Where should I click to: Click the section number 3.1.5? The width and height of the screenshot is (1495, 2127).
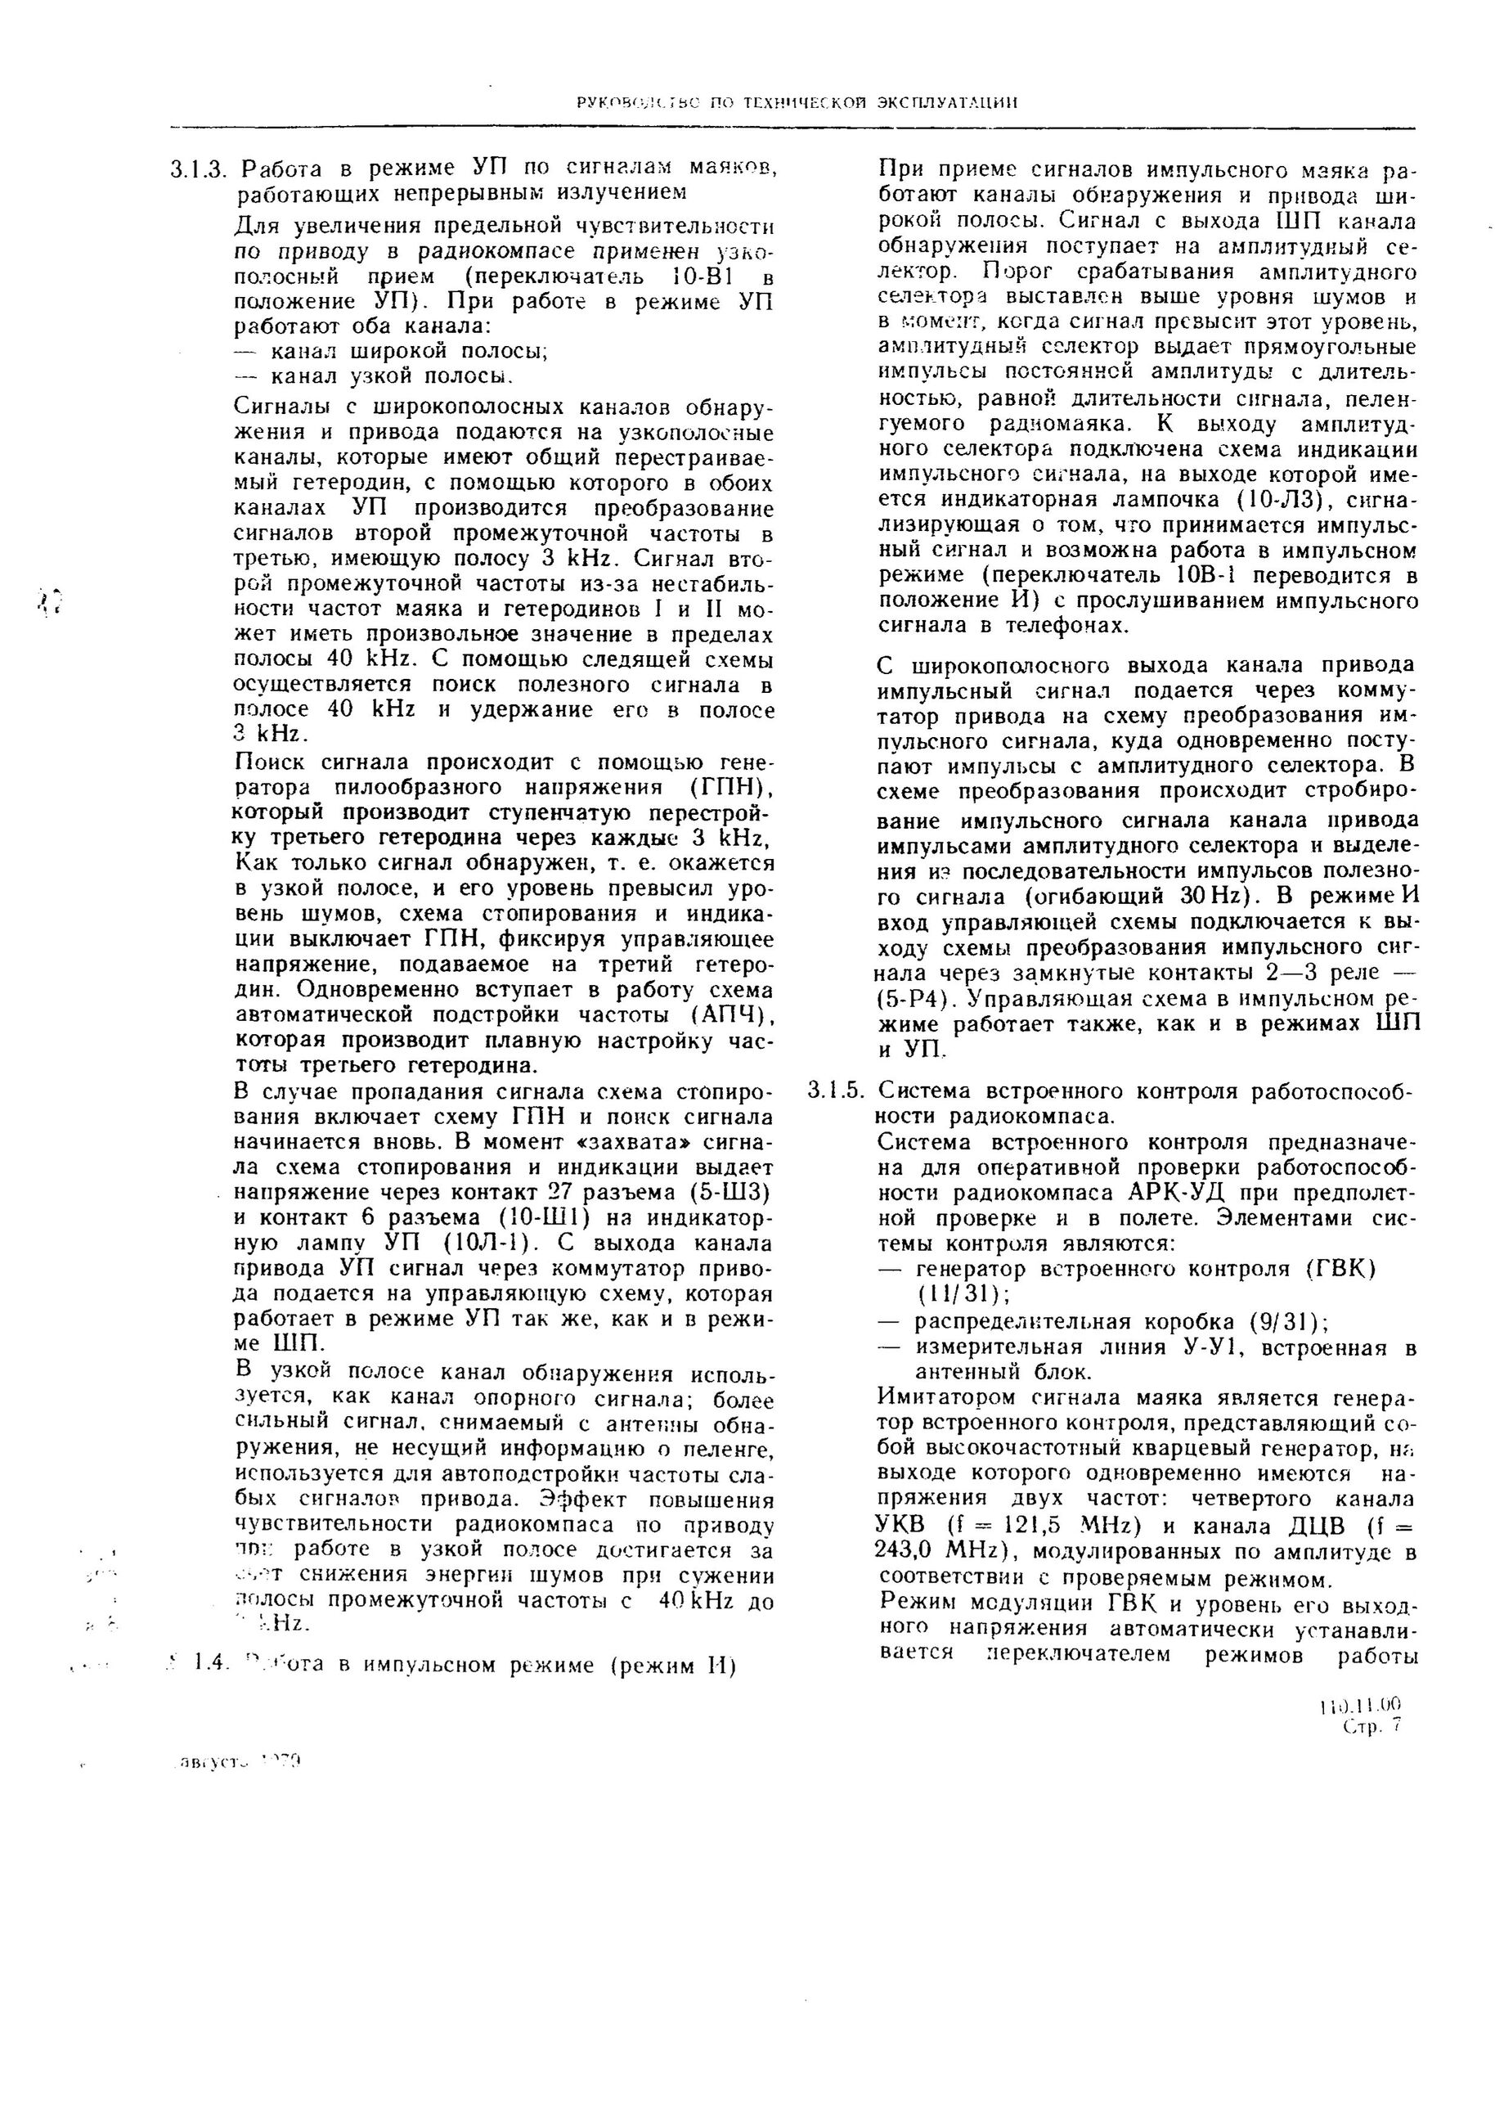(x=836, y=1090)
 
